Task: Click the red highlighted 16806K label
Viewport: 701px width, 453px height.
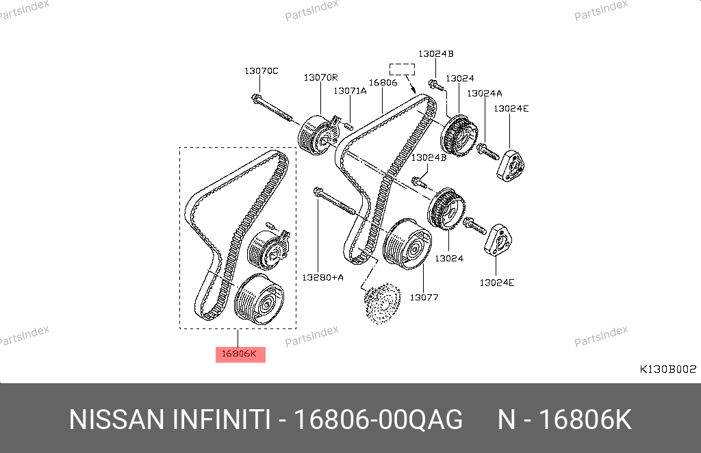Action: pyautogui.click(x=240, y=354)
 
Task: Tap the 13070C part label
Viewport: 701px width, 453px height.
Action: pyautogui.click(x=261, y=71)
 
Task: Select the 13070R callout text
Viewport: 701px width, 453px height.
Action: pyautogui.click(x=320, y=78)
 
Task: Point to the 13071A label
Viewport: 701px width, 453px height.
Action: pyautogui.click(x=350, y=91)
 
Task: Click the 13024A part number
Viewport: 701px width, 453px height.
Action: pyautogui.click(x=485, y=93)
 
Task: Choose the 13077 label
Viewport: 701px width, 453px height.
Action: pyautogui.click(x=424, y=298)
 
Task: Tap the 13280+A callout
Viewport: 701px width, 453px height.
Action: pyautogui.click(x=323, y=277)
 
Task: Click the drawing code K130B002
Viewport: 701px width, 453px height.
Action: pyautogui.click(x=668, y=370)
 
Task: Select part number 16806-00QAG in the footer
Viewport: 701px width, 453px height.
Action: pyautogui.click(x=378, y=420)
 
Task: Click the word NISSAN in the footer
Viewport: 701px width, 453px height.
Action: pyautogui.click(x=116, y=420)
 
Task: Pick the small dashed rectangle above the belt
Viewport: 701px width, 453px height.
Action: pyautogui.click(x=402, y=69)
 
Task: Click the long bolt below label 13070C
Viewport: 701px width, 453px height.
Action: pyautogui.click(x=272, y=108)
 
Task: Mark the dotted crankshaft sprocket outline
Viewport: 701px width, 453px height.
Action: pyautogui.click(x=382, y=303)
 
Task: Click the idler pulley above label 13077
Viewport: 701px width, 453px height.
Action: pyautogui.click(x=407, y=244)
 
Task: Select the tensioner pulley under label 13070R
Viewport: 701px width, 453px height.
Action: pyautogui.click(x=319, y=135)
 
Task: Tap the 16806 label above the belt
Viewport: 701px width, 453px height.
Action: pyautogui.click(x=383, y=83)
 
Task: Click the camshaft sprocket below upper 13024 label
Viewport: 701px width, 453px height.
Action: pyautogui.click(x=459, y=135)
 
